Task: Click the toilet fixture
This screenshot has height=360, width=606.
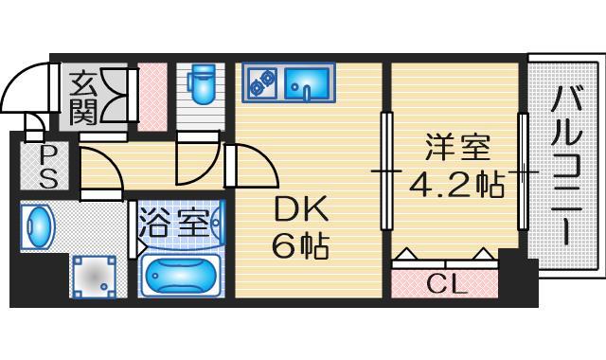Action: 201,84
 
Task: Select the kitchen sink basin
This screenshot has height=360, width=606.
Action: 308,82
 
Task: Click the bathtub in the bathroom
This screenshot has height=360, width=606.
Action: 180,276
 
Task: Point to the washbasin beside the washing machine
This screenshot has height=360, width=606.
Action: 38,225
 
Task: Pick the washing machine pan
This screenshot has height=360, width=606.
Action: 94,277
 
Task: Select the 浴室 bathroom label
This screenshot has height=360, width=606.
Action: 174,223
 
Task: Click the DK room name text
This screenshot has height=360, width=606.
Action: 300,209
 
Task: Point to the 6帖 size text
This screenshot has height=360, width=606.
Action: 300,245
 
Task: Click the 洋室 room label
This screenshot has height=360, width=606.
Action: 457,147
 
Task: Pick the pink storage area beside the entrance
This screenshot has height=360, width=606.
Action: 152,97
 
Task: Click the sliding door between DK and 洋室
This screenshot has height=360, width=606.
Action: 386,171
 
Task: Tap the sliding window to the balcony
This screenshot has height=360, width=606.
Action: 523,171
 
